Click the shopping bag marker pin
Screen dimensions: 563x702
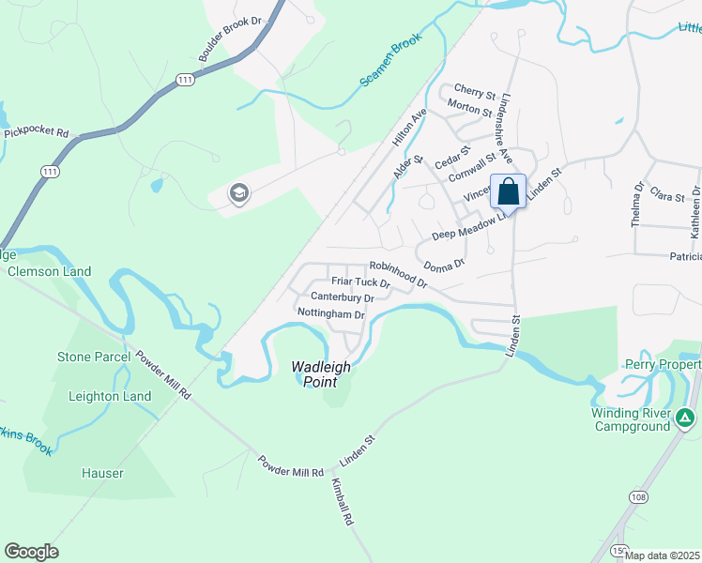pyautogui.click(x=508, y=191)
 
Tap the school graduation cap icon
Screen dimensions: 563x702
pyautogui.click(x=238, y=194)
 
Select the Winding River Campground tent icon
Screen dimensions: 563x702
pyautogui.click(x=687, y=418)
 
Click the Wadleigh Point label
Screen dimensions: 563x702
pyautogui.click(x=320, y=374)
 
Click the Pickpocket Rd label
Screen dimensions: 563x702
pyautogui.click(x=37, y=133)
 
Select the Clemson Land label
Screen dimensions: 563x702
pyautogui.click(x=49, y=272)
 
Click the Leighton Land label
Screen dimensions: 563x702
pyautogui.click(x=110, y=396)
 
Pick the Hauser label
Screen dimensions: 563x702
pyautogui.click(x=101, y=474)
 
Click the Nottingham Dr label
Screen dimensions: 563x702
pyautogui.click(x=330, y=313)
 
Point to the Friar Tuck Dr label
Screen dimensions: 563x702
pyautogui.click(x=360, y=281)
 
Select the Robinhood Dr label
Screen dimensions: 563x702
pyautogui.click(x=398, y=275)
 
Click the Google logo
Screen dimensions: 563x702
pyautogui.click(x=31, y=552)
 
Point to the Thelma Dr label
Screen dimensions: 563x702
pyautogui.click(x=638, y=205)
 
